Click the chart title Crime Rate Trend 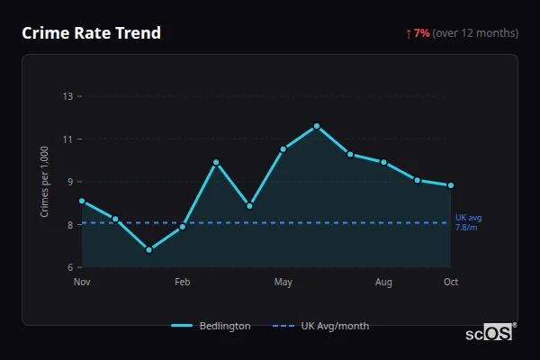pyautogui.click(x=91, y=33)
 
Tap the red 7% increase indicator pyautogui.click(x=421, y=33)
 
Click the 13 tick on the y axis pyautogui.click(x=67, y=96)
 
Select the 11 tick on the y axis pyautogui.click(x=67, y=139)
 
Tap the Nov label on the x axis pyautogui.click(x=82, y=283)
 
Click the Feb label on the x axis pyautogui.click(x=183, y=283)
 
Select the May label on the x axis pyautogui.click(x=283, y=283)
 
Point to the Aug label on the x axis pyautogui.click(x=384, y=283)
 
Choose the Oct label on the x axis pyautogui.click(x=451, y=283)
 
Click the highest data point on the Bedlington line pyautogui.click(x=317, y=126)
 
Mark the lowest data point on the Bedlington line pyautogui.click(x=148, y=249)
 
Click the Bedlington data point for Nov pyautogui.click(x=82, y=201)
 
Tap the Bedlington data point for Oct pyautogui.click(x=451, y=185)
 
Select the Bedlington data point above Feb pyautogui.click(x=183, y=227)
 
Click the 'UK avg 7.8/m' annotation pyautogui.click(x=468, y=222)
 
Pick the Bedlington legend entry pyautogui.click(x=211, y=326)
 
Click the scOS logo pyautogui.click(x=490, y=333)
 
